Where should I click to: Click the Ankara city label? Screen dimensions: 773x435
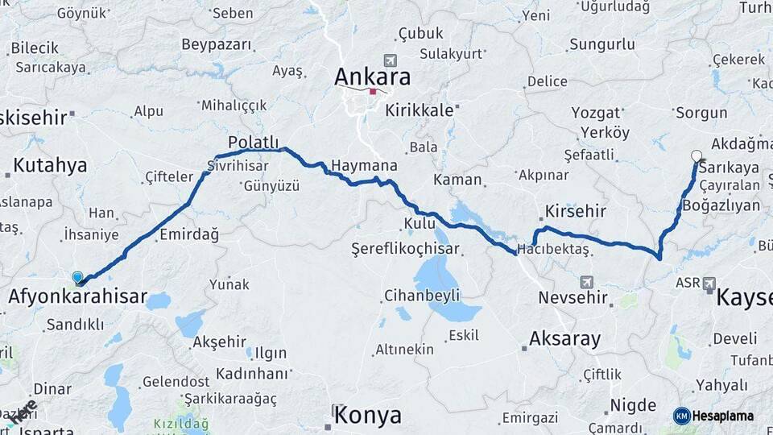(372, 77)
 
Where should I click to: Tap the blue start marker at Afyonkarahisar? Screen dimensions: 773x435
(77, 278)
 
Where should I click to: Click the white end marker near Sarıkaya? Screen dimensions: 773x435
(697, 156)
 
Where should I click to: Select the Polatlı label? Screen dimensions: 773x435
(253, 142)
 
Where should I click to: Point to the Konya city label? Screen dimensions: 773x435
(367, 416)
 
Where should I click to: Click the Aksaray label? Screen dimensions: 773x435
(564, 338)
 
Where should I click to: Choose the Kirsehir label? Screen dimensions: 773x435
(575, 211)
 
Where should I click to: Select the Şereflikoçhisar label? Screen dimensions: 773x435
(405, 249)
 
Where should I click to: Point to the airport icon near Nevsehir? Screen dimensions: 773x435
(586, 282)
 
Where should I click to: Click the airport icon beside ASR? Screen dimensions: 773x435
(709, 284)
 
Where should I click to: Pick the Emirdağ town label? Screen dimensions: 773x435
(189, 234)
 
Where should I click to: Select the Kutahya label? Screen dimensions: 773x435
(50, 166)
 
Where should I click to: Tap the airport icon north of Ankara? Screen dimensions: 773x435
(391, 60)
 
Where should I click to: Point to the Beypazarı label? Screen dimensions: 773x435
(217, 44)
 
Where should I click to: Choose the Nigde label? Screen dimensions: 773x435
(633, 404)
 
